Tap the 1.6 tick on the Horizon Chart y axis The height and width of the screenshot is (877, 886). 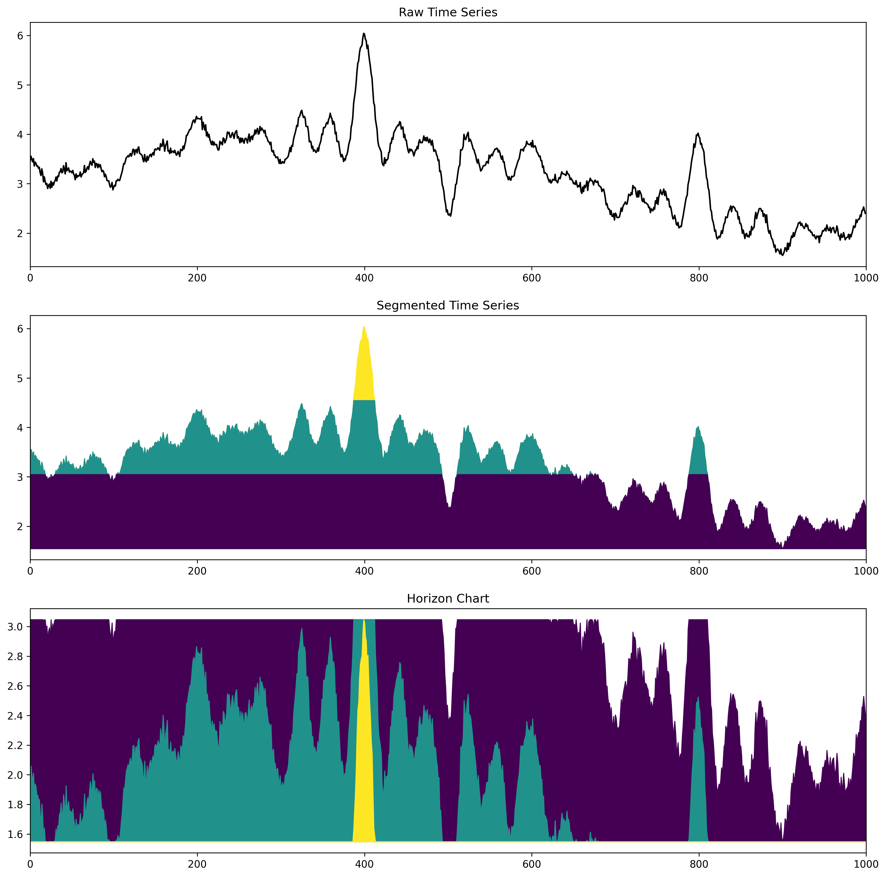[x=17, y=834]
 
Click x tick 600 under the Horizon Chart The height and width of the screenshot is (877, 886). [x=531, y=865]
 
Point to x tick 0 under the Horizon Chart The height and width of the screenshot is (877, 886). [x=30, y=865]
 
